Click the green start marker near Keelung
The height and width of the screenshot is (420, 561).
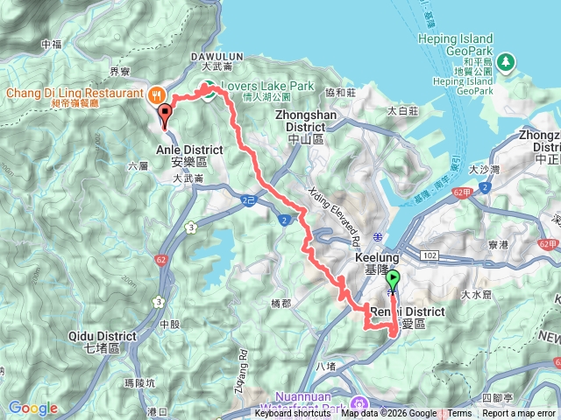tap(392, 280)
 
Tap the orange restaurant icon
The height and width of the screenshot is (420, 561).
tap(157, 92)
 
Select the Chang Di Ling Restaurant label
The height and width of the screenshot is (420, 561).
tap(75, 92)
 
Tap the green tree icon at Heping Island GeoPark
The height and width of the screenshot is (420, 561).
tap(507, 62)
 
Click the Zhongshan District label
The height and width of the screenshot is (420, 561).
tap(300, 119)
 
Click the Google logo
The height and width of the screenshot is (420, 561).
tap(32, 408)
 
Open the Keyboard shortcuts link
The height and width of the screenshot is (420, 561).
tap(294, 414)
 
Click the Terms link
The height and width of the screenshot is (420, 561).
tap(460, 414)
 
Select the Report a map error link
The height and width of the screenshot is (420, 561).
tap(519, 414)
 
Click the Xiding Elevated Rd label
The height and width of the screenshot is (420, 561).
tap(336, 210)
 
